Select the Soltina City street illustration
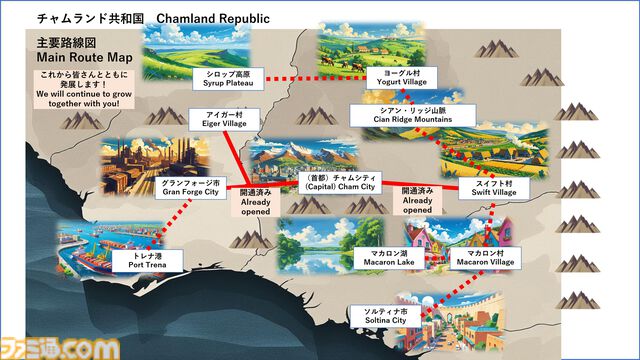pyautogui.click(x=440, y=320)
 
